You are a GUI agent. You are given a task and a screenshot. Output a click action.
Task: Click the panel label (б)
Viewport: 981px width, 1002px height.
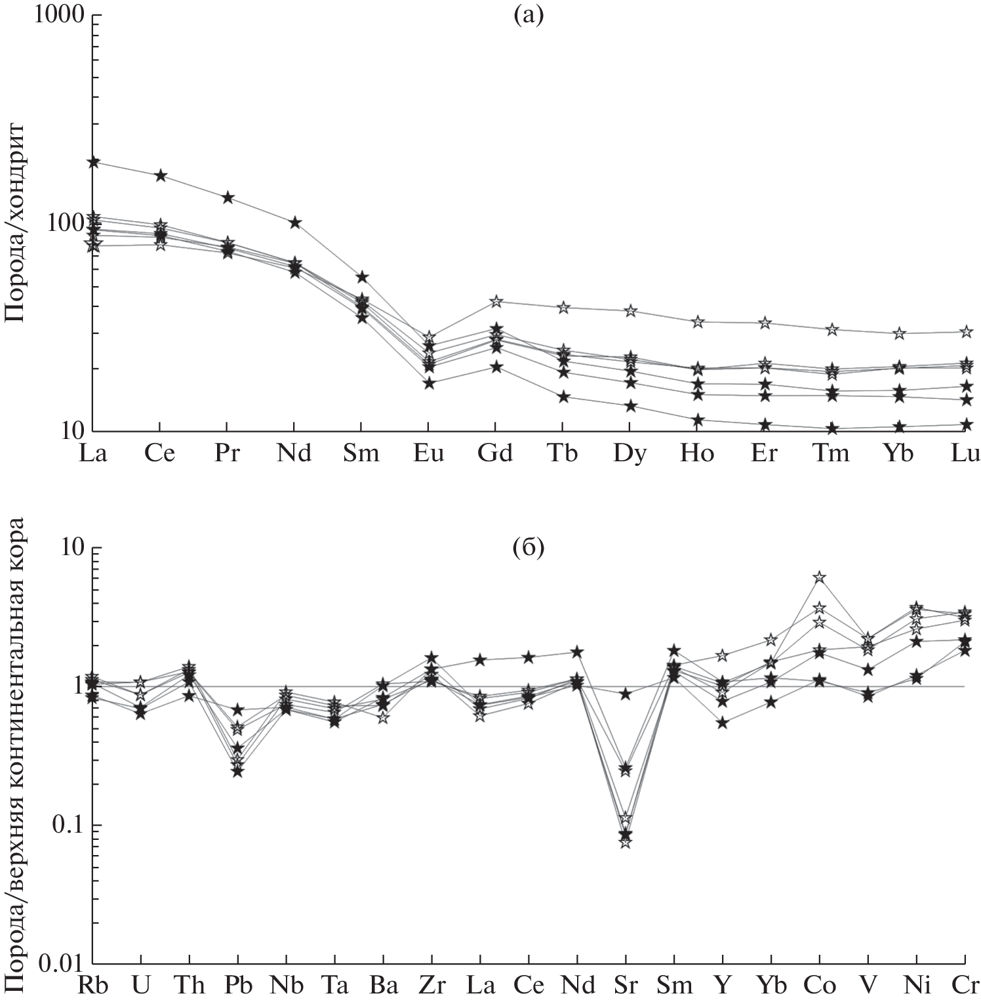click(x=529, y=547)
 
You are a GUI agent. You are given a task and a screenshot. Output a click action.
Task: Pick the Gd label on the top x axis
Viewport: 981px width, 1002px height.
click(x=495, y=454)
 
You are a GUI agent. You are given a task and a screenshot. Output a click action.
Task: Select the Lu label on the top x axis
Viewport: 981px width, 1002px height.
click(x=965, y=454)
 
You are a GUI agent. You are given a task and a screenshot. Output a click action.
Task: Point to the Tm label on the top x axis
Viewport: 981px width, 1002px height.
click(x=831, y=454)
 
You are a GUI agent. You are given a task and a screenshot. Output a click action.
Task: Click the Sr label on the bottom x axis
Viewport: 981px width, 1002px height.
click(x=626, y=985)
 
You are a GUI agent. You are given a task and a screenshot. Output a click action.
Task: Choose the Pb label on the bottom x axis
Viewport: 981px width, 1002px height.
click(x=237, y=985)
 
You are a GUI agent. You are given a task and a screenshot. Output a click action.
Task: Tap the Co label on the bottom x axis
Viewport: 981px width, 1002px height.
click(x=819, y=985)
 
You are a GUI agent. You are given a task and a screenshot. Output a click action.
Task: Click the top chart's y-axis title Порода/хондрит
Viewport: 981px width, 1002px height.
click(x=14, y=223)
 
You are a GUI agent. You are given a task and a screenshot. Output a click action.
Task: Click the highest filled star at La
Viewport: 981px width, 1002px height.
click(x=93, y=162)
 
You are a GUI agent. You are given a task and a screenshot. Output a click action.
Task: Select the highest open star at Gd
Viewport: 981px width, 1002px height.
click(x=496, y=301)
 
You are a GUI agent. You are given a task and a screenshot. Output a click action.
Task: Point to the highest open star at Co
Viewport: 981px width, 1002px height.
click(x=819, y=577)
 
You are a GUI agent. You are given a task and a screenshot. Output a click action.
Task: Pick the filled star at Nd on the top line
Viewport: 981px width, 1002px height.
click(x=295, y=222)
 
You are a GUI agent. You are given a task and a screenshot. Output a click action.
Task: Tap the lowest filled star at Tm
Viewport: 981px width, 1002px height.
click(x=832, y=429)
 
